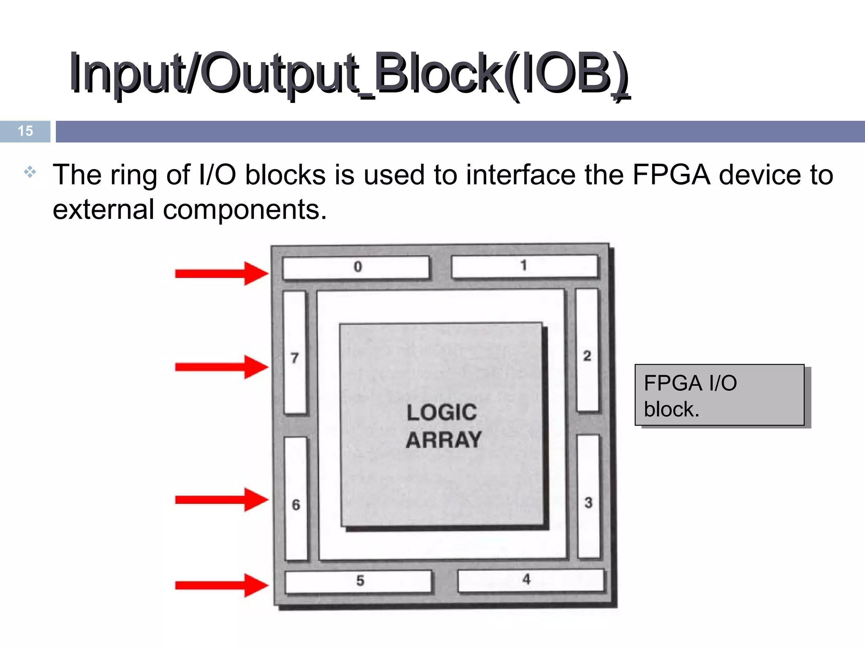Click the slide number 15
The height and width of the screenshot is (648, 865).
[25, 131]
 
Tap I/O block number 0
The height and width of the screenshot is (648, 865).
[356, 267]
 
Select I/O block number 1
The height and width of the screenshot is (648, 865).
[525, 266]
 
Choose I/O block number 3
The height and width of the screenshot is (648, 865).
[588, 497]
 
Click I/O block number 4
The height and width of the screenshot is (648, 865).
[531, 580]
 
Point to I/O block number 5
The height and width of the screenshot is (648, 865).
[359, 582]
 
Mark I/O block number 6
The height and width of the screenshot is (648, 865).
[296, 499]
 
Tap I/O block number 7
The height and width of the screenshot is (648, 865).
[295, 352]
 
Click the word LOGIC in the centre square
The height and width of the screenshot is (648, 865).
[442, 412]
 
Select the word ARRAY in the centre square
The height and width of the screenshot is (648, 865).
[443, 440]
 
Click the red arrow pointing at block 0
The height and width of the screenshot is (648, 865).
[221, 273]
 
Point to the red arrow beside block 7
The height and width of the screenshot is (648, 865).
[221, 367]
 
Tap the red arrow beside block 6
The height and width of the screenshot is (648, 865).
[221, 500]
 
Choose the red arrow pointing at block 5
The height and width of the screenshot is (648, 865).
[221, 585]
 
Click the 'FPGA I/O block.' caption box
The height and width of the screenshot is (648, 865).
[719, 395]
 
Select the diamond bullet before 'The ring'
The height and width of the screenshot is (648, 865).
[30, 172]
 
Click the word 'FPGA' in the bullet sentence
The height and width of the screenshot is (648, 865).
[671, 175]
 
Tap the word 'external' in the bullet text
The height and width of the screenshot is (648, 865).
[103, 210]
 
